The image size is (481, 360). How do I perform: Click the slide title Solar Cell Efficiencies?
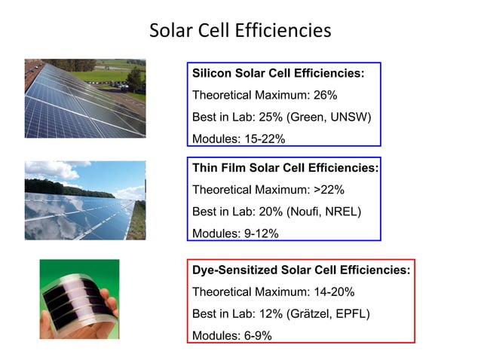point(240,31)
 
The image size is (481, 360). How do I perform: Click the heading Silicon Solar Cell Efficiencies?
point(278,74)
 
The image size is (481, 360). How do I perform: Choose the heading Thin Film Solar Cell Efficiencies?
point(285,168)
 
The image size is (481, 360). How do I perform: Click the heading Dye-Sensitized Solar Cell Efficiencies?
point(301,270)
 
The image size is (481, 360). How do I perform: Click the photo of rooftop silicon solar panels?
point(84,98)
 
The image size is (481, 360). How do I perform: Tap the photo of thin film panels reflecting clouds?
point(84,200)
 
